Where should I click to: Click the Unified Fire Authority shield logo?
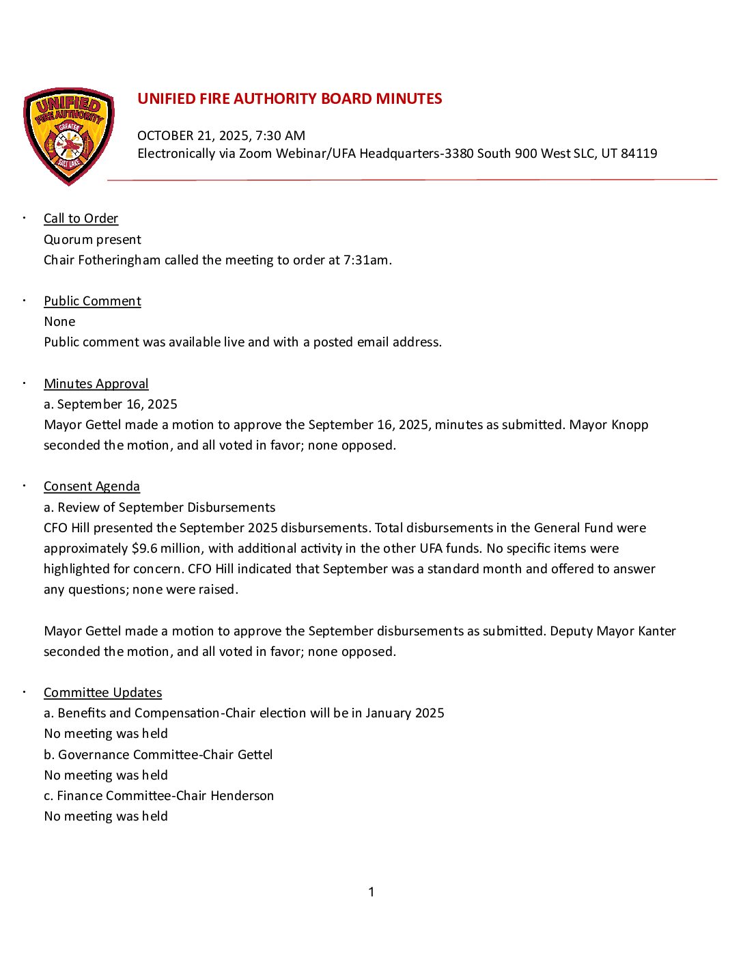[69, 136]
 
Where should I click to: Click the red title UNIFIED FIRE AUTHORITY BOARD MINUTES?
[290, 99]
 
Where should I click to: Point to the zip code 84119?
[639, 154]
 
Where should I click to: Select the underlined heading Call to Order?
[81, 219]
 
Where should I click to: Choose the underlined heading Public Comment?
[92, 301]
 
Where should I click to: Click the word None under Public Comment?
[59, 322]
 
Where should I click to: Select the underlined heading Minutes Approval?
[96, 384]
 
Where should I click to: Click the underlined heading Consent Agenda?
[92, 486]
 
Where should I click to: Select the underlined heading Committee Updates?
[102, 693]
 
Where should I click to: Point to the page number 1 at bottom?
[371, 892]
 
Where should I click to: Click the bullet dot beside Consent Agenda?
[24, 486]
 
